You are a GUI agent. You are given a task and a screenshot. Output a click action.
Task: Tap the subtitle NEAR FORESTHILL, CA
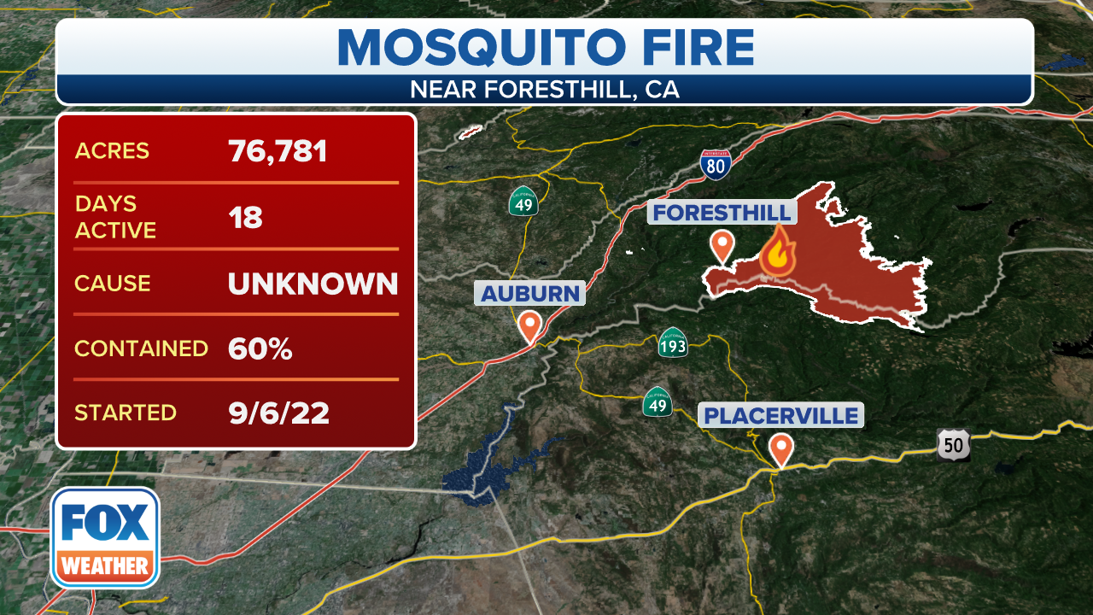(545, 90)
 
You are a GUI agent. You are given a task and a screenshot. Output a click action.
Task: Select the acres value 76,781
(278, 151)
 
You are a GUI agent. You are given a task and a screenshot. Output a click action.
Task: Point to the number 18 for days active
(245, 217)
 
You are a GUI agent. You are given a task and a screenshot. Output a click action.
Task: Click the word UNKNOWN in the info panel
(313, 284)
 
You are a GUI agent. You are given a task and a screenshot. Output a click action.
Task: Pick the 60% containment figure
(260, 348)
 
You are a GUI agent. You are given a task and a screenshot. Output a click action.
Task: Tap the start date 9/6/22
(278, 413)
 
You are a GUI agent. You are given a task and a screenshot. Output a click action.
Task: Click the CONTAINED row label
(141, 348)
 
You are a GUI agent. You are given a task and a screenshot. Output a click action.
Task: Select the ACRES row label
(112, 151)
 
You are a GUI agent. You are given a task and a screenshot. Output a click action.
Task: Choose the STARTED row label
(126, 413)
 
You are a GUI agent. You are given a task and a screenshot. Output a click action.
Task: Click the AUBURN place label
(530, 294)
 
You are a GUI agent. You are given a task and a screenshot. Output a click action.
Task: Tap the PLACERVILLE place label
(780, 416)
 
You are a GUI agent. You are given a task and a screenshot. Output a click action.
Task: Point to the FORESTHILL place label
(722, 213)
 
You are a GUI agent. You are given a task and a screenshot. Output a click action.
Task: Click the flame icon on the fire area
(778, 250)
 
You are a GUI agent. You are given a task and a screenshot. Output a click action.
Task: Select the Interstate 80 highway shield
(715, 164)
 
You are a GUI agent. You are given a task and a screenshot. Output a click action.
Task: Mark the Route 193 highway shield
(673, 344)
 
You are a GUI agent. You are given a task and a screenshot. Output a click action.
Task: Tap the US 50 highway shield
(952, 444)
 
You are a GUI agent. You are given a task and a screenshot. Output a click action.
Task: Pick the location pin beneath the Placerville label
(780, 449)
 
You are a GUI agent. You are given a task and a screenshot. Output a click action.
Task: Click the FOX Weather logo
(105, 537)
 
